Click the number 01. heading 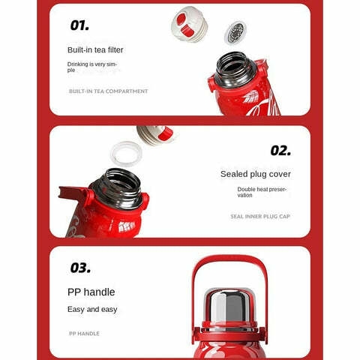79,25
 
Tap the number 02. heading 280,151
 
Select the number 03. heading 80,268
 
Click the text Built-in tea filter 95,50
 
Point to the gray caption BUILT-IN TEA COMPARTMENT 108,91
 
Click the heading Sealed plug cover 256,174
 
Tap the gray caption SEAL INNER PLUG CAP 260,217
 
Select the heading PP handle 91,292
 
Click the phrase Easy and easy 92,310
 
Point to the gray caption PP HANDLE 84,334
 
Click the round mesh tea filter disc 235,33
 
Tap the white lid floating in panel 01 190,24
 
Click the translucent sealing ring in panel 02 126,154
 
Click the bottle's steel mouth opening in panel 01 235,68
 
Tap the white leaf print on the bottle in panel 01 251,97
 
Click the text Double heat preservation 262,192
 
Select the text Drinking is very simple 92,67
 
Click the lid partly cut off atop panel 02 155,135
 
